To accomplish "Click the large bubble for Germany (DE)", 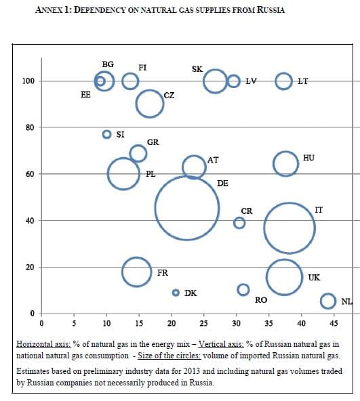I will pyautogui.click(x=186, y=207).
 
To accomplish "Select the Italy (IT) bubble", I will pyautogui.click(x=289, y=228).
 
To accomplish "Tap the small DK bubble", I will pyautogui.click(x=176, y=293).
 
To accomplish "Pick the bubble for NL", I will pyautogui.click(x=328, y=301).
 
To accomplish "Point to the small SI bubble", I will pyautogui.click(x=106, y=134).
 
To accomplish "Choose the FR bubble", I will pyautogui.click(x=137, y=272).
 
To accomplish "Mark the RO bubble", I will pyautogui.click(x=243, y=290).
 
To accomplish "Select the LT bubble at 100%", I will pyautogui.click(x=283, y=81).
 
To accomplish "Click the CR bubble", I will pyautogui.click(x=239, y=223).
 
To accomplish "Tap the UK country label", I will pyautogui.click(x=314, y=277).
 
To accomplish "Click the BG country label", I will pyautogui.click(x=108, y=64).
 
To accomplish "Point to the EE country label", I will pyautogui.click(x=85, y=95).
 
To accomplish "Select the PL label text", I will pyautogui.click(x=151, y=174).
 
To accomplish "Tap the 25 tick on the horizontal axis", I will pyautogui.click(x=203, y=323).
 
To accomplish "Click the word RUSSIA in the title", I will pyautogui.click(x=266, y=10).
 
